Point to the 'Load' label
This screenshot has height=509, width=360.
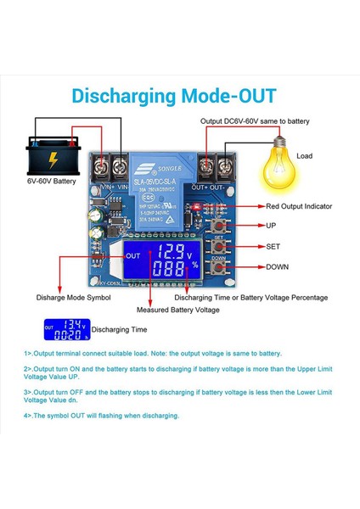point(304,156)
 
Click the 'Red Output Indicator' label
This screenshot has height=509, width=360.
point(298,206)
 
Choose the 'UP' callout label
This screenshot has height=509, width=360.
point(271,227)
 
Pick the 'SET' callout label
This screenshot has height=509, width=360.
point(273,247)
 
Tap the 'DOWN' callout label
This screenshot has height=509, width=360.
point(277,267)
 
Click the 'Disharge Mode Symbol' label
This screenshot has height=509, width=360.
point(72,298)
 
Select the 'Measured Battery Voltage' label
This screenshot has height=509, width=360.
point(183,310)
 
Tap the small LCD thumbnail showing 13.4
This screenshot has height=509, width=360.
point(65,329)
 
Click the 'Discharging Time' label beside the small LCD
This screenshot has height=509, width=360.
point(119,329)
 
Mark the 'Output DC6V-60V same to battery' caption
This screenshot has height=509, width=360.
point(255,121)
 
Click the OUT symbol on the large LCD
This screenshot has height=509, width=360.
point(133,255)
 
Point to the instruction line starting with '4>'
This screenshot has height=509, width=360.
point(102,416)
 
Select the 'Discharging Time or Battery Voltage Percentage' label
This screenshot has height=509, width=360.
point(250,298)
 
